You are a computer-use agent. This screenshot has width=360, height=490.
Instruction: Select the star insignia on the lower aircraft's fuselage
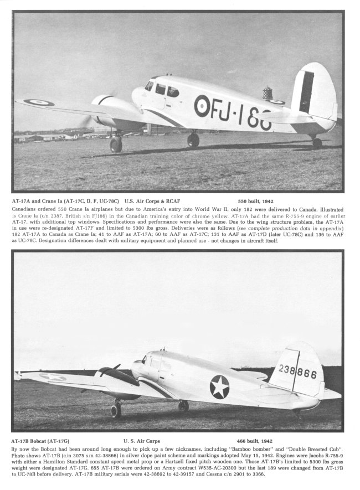coord(219,386)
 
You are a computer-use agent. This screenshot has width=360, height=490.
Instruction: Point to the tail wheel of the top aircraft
coord(317,142)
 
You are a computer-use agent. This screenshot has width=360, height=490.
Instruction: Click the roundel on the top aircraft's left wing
coord(38,102)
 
